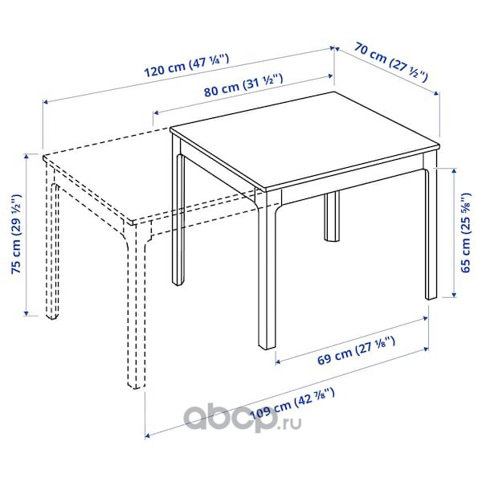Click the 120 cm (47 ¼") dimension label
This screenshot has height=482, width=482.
(x=186, y=66)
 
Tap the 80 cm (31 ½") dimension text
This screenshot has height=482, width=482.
(x=243, y=86)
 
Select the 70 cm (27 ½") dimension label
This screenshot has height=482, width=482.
(x=390, y=63)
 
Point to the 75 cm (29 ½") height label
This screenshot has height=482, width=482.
(x=16, y=234)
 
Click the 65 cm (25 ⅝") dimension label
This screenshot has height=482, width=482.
(x=466, y=232)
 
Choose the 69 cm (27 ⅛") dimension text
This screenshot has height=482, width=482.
(x=356, y=351)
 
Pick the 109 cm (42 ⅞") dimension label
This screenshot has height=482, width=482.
(x=292, y=404)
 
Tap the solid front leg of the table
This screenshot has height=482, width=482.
(x=267, y=271)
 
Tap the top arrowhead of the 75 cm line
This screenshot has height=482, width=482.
(x=27, y=157)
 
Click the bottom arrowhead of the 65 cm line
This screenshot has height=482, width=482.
(x=454, y=295)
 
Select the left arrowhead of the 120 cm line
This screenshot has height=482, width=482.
(x=45, y=102)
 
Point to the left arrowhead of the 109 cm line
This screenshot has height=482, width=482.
(x=148, y=435)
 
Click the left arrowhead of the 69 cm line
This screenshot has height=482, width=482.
(x=278, y=362)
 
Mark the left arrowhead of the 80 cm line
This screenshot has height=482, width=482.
(x=156, y=112)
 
